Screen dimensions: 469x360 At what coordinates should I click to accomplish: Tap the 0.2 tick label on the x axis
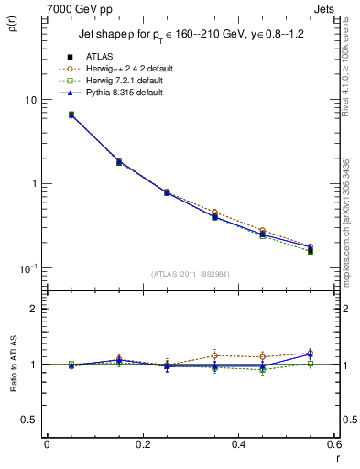142,444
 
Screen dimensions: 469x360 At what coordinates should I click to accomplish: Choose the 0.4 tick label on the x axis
237,444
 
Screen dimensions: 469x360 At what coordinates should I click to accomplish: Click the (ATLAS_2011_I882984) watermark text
191,274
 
